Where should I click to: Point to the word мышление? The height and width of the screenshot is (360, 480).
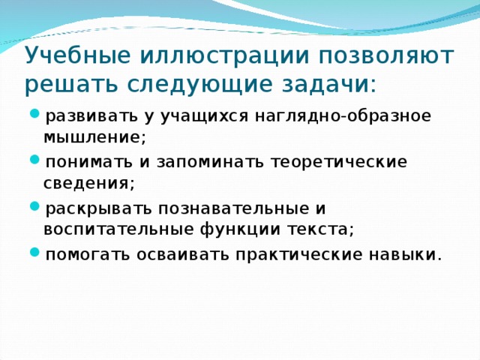(95, 138)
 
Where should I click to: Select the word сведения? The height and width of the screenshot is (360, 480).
(89, 184)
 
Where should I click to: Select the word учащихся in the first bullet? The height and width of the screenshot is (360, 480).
(211, 116)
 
